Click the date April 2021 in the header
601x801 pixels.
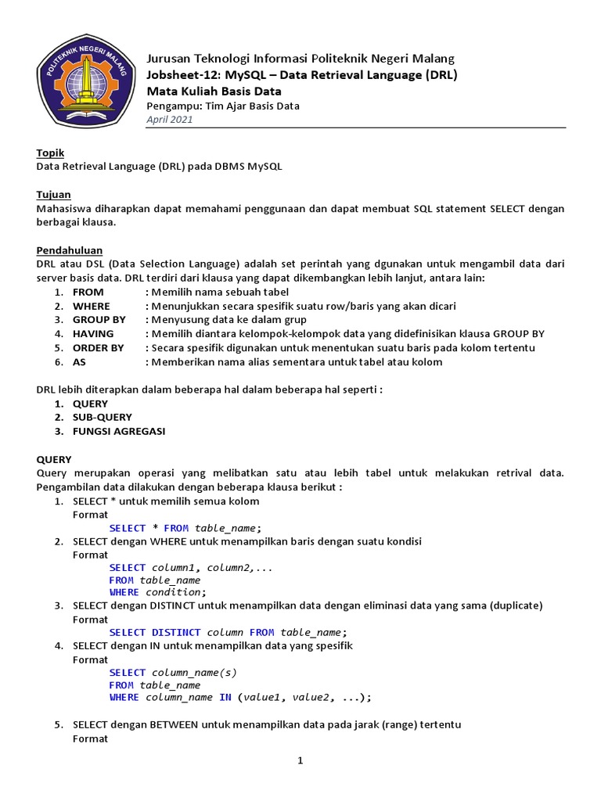[170, 120]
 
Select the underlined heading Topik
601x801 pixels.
[50, 153]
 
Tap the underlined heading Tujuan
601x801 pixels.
[53, 194]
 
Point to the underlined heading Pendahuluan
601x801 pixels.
[65, 250]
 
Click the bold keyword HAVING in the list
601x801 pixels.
[92, 334]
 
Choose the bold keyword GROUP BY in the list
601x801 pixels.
[99, 320]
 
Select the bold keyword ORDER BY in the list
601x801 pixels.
[98, 348]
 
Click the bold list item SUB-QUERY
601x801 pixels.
[103, 418]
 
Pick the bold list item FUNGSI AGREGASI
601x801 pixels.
[119, 432]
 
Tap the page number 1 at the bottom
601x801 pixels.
[300, 762]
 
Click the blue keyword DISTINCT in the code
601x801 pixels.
[176, 633]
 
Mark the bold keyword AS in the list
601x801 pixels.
[79, 362]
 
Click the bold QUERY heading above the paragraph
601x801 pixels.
[54, 460]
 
